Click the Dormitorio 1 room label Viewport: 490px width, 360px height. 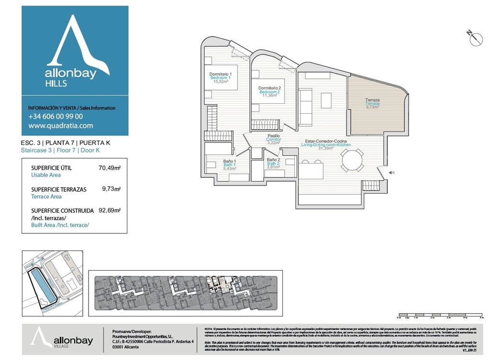coord(221,74)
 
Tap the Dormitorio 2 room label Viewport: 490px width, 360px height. coord(269,88)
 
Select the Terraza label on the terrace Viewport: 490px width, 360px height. coord(372,100)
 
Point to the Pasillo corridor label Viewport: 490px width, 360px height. coord(274,136)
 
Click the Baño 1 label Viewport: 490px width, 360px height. coord(230,162)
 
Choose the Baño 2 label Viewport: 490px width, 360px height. coord(273,160)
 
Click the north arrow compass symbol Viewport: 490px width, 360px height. coord(475,38)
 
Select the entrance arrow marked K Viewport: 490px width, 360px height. coord(391,173)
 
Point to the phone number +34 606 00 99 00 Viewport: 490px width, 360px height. coord(56,116)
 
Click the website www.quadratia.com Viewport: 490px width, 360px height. coord(61,126)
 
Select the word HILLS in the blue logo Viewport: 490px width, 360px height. coord(56,84)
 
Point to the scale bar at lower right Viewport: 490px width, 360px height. coord(440,316)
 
